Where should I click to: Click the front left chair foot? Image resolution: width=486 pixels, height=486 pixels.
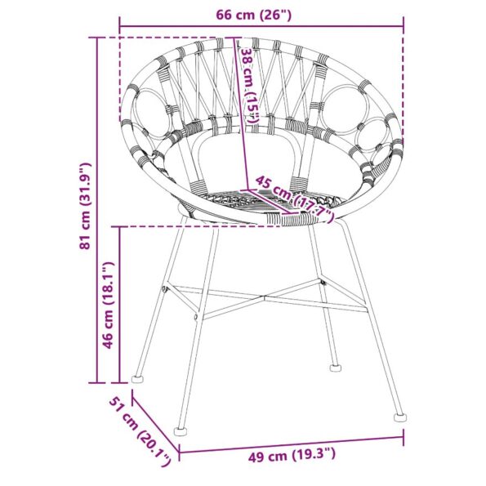pyautogui.click(x=180, y=429)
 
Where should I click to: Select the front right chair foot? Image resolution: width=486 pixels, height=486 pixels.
pyautogui.click(x=399, y=417)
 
